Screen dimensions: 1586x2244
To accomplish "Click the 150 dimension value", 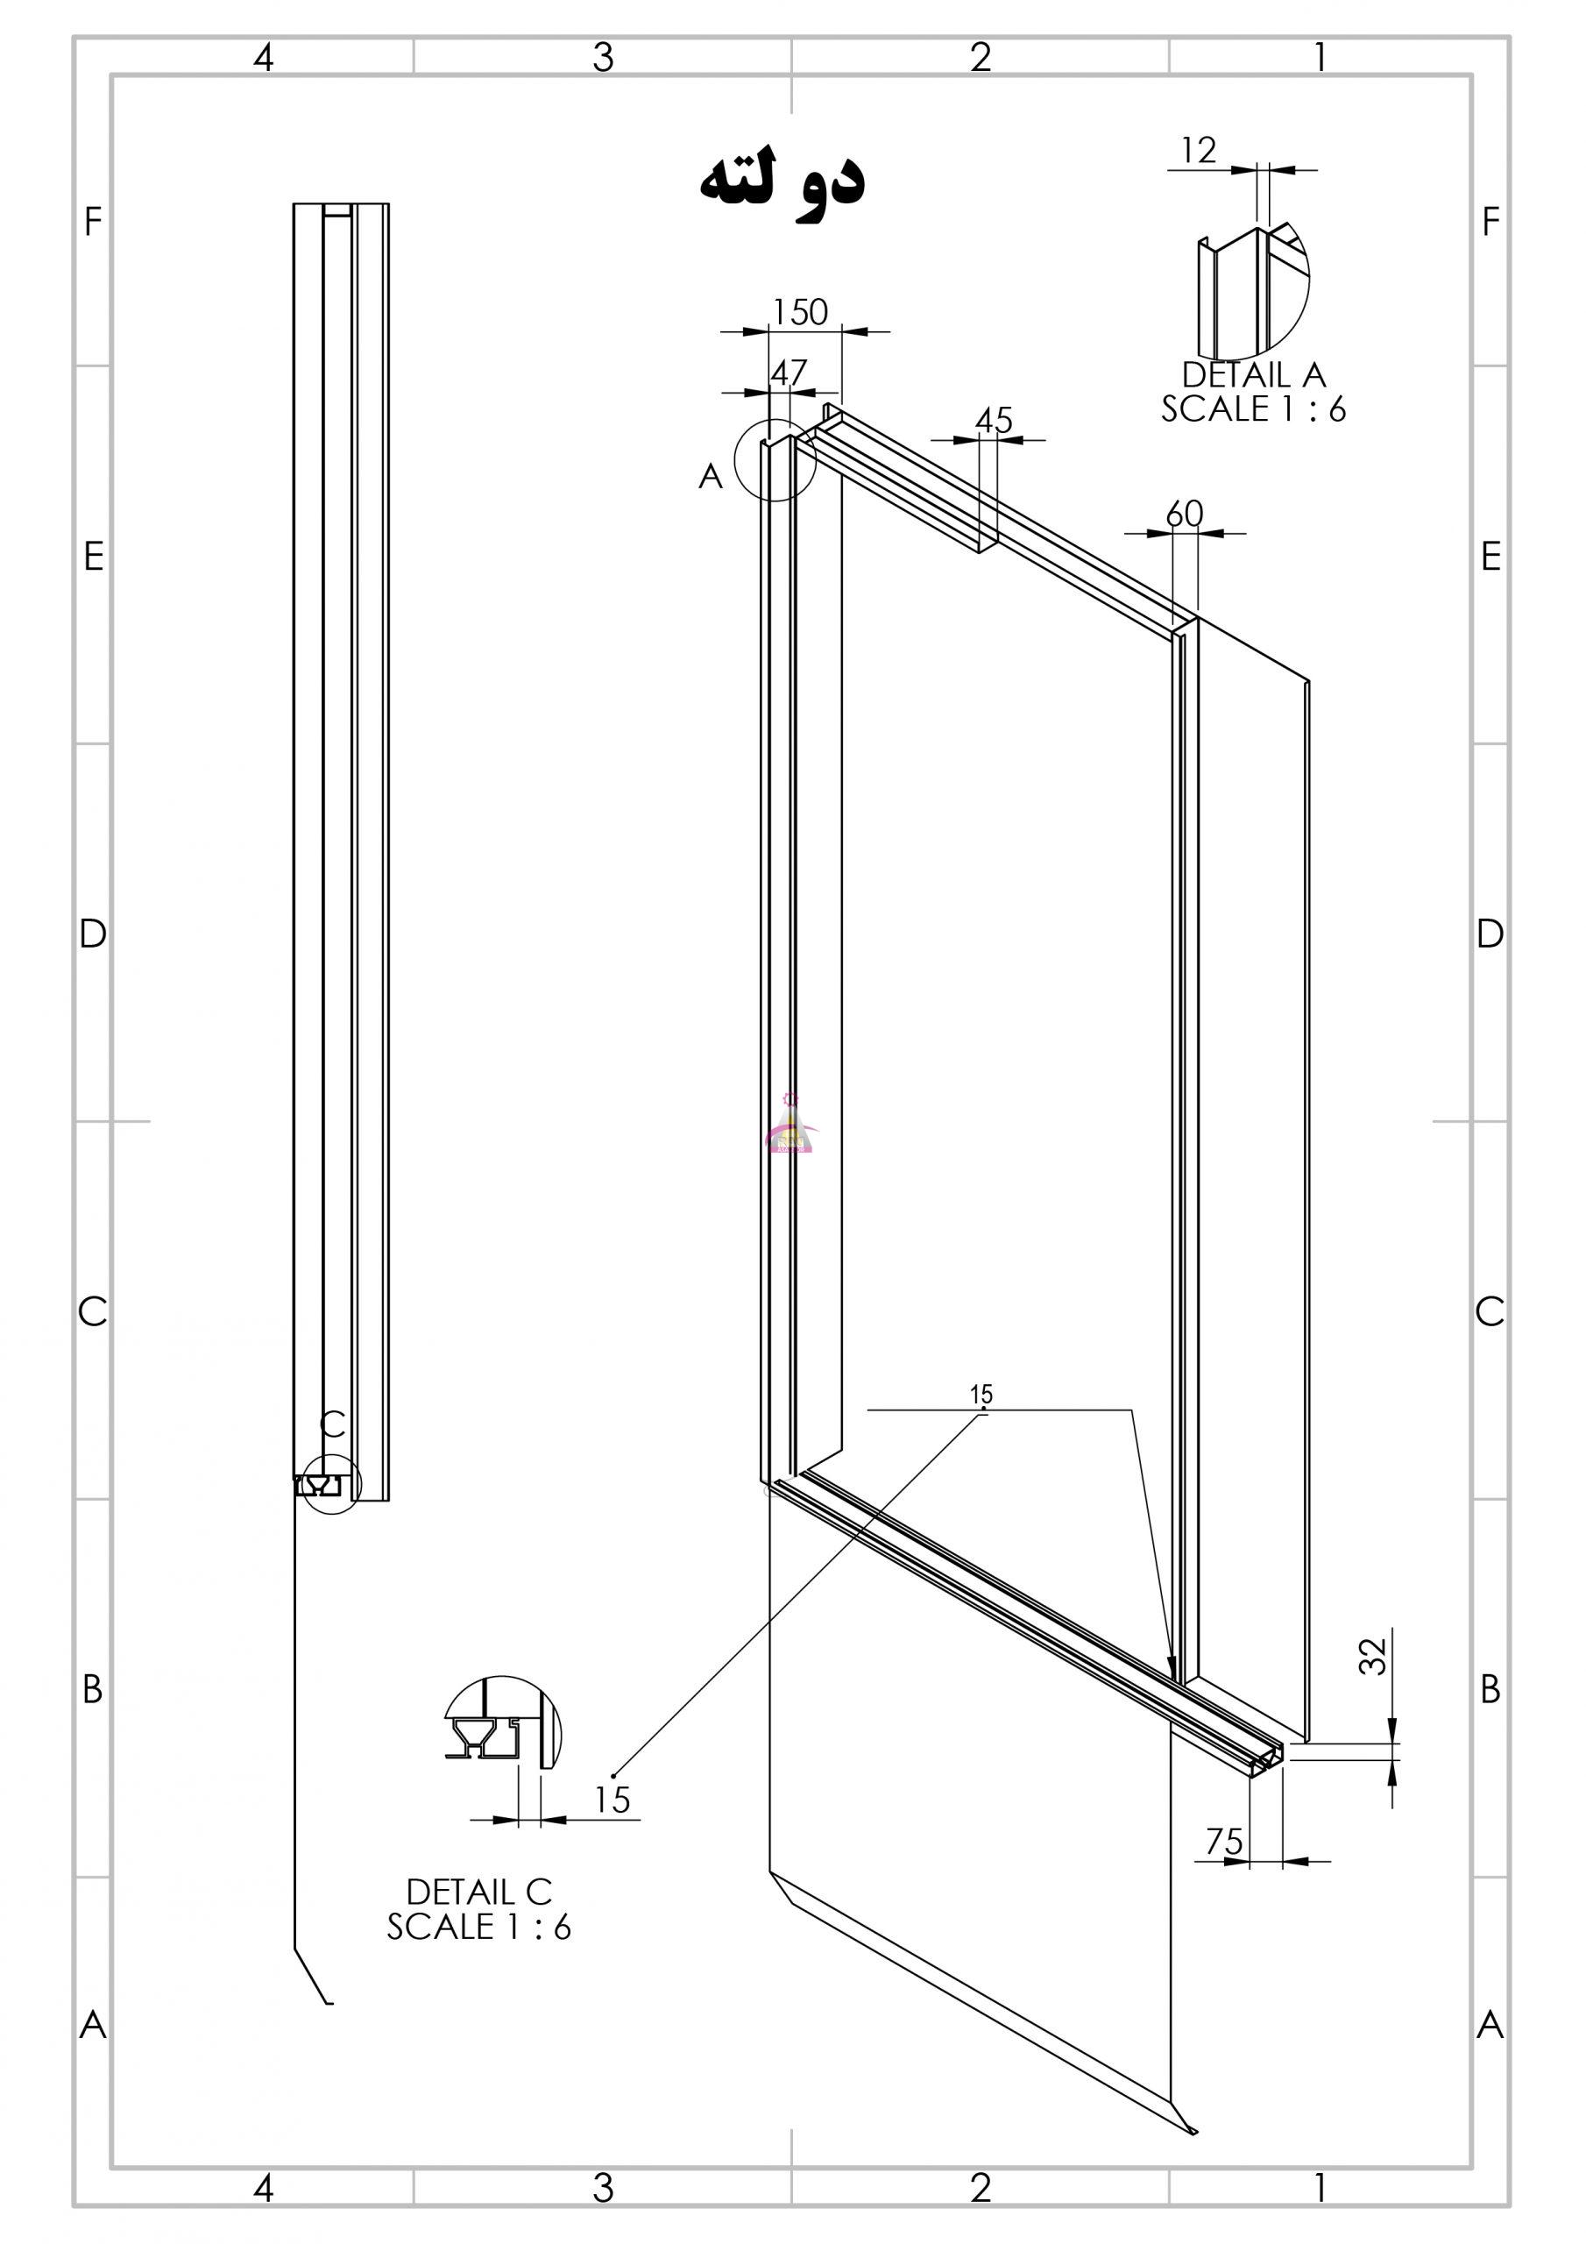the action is pyautogui.click(x=800, y=312).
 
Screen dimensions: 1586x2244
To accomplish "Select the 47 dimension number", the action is pyautogui.click(x=789, y=373).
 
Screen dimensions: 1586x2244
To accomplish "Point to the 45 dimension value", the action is pyautogui.click(x=994, y=420).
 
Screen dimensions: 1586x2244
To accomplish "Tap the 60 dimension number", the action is pyautogui.click(x=1186, y=514).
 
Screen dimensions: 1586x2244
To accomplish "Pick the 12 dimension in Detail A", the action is pyautogui.click(x=1198, y=151).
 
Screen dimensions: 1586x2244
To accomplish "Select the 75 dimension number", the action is pyautogui.click(x=1224, y=1843).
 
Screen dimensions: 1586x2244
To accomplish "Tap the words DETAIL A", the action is pyautogui.click(x=1254, y=374).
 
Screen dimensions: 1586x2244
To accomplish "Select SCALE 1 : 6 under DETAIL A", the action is pyautogui.click(x=1254, y=408).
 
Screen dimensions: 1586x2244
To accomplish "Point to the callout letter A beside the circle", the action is pyautogui.click(x=711, y=476).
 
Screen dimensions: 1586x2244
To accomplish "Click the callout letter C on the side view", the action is pyautogui.click(x=333, y=1425).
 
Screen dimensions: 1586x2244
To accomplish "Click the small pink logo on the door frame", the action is pyautogui.click(x=790, y=1125).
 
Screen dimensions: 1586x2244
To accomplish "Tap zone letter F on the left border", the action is pyautogui.click(x=93, y=222).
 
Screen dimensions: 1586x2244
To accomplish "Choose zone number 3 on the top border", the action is pyautogui.click(x=603, y=58).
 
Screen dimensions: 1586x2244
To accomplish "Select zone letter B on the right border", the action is pyautogui.click(x=1490, y=1688).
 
